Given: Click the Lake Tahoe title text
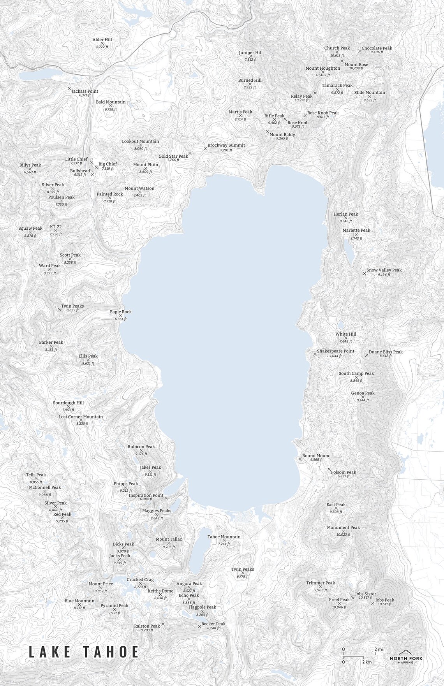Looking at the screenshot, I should click(x=84, y=652).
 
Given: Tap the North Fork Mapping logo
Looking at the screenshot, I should click(x=406, y=657).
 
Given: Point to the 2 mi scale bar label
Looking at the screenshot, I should click(x=379, y=649).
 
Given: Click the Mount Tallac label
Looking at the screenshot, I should click(x=169, y=539).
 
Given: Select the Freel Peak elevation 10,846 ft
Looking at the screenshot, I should click(x=339, y=607).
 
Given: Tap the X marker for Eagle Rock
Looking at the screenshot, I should click(x=120, y=315).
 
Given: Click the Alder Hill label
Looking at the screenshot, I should click(x=102, y=40).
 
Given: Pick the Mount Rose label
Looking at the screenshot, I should click(x=356, y=65).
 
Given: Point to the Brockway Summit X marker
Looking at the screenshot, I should click(x=205, y=149).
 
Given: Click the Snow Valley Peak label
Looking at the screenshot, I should click(x=384, y=270).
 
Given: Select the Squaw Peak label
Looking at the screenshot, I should click(x=30, y=229).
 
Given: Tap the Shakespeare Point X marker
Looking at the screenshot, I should click(x=315, y=354).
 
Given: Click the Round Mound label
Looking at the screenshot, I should click(x=316, y=456).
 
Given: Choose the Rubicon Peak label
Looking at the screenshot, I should click(x=141, y=447).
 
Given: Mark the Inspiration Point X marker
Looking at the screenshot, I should click(x=166, y=498).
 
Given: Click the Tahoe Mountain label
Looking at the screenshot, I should click(x=224, y=536).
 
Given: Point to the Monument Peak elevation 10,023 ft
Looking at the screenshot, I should click(x=343, y=535).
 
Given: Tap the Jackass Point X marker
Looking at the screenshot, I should click(x=69, y=89).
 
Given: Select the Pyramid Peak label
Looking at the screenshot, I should click(x=114, y=605).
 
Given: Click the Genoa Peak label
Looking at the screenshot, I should click(x=363, y=393).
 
